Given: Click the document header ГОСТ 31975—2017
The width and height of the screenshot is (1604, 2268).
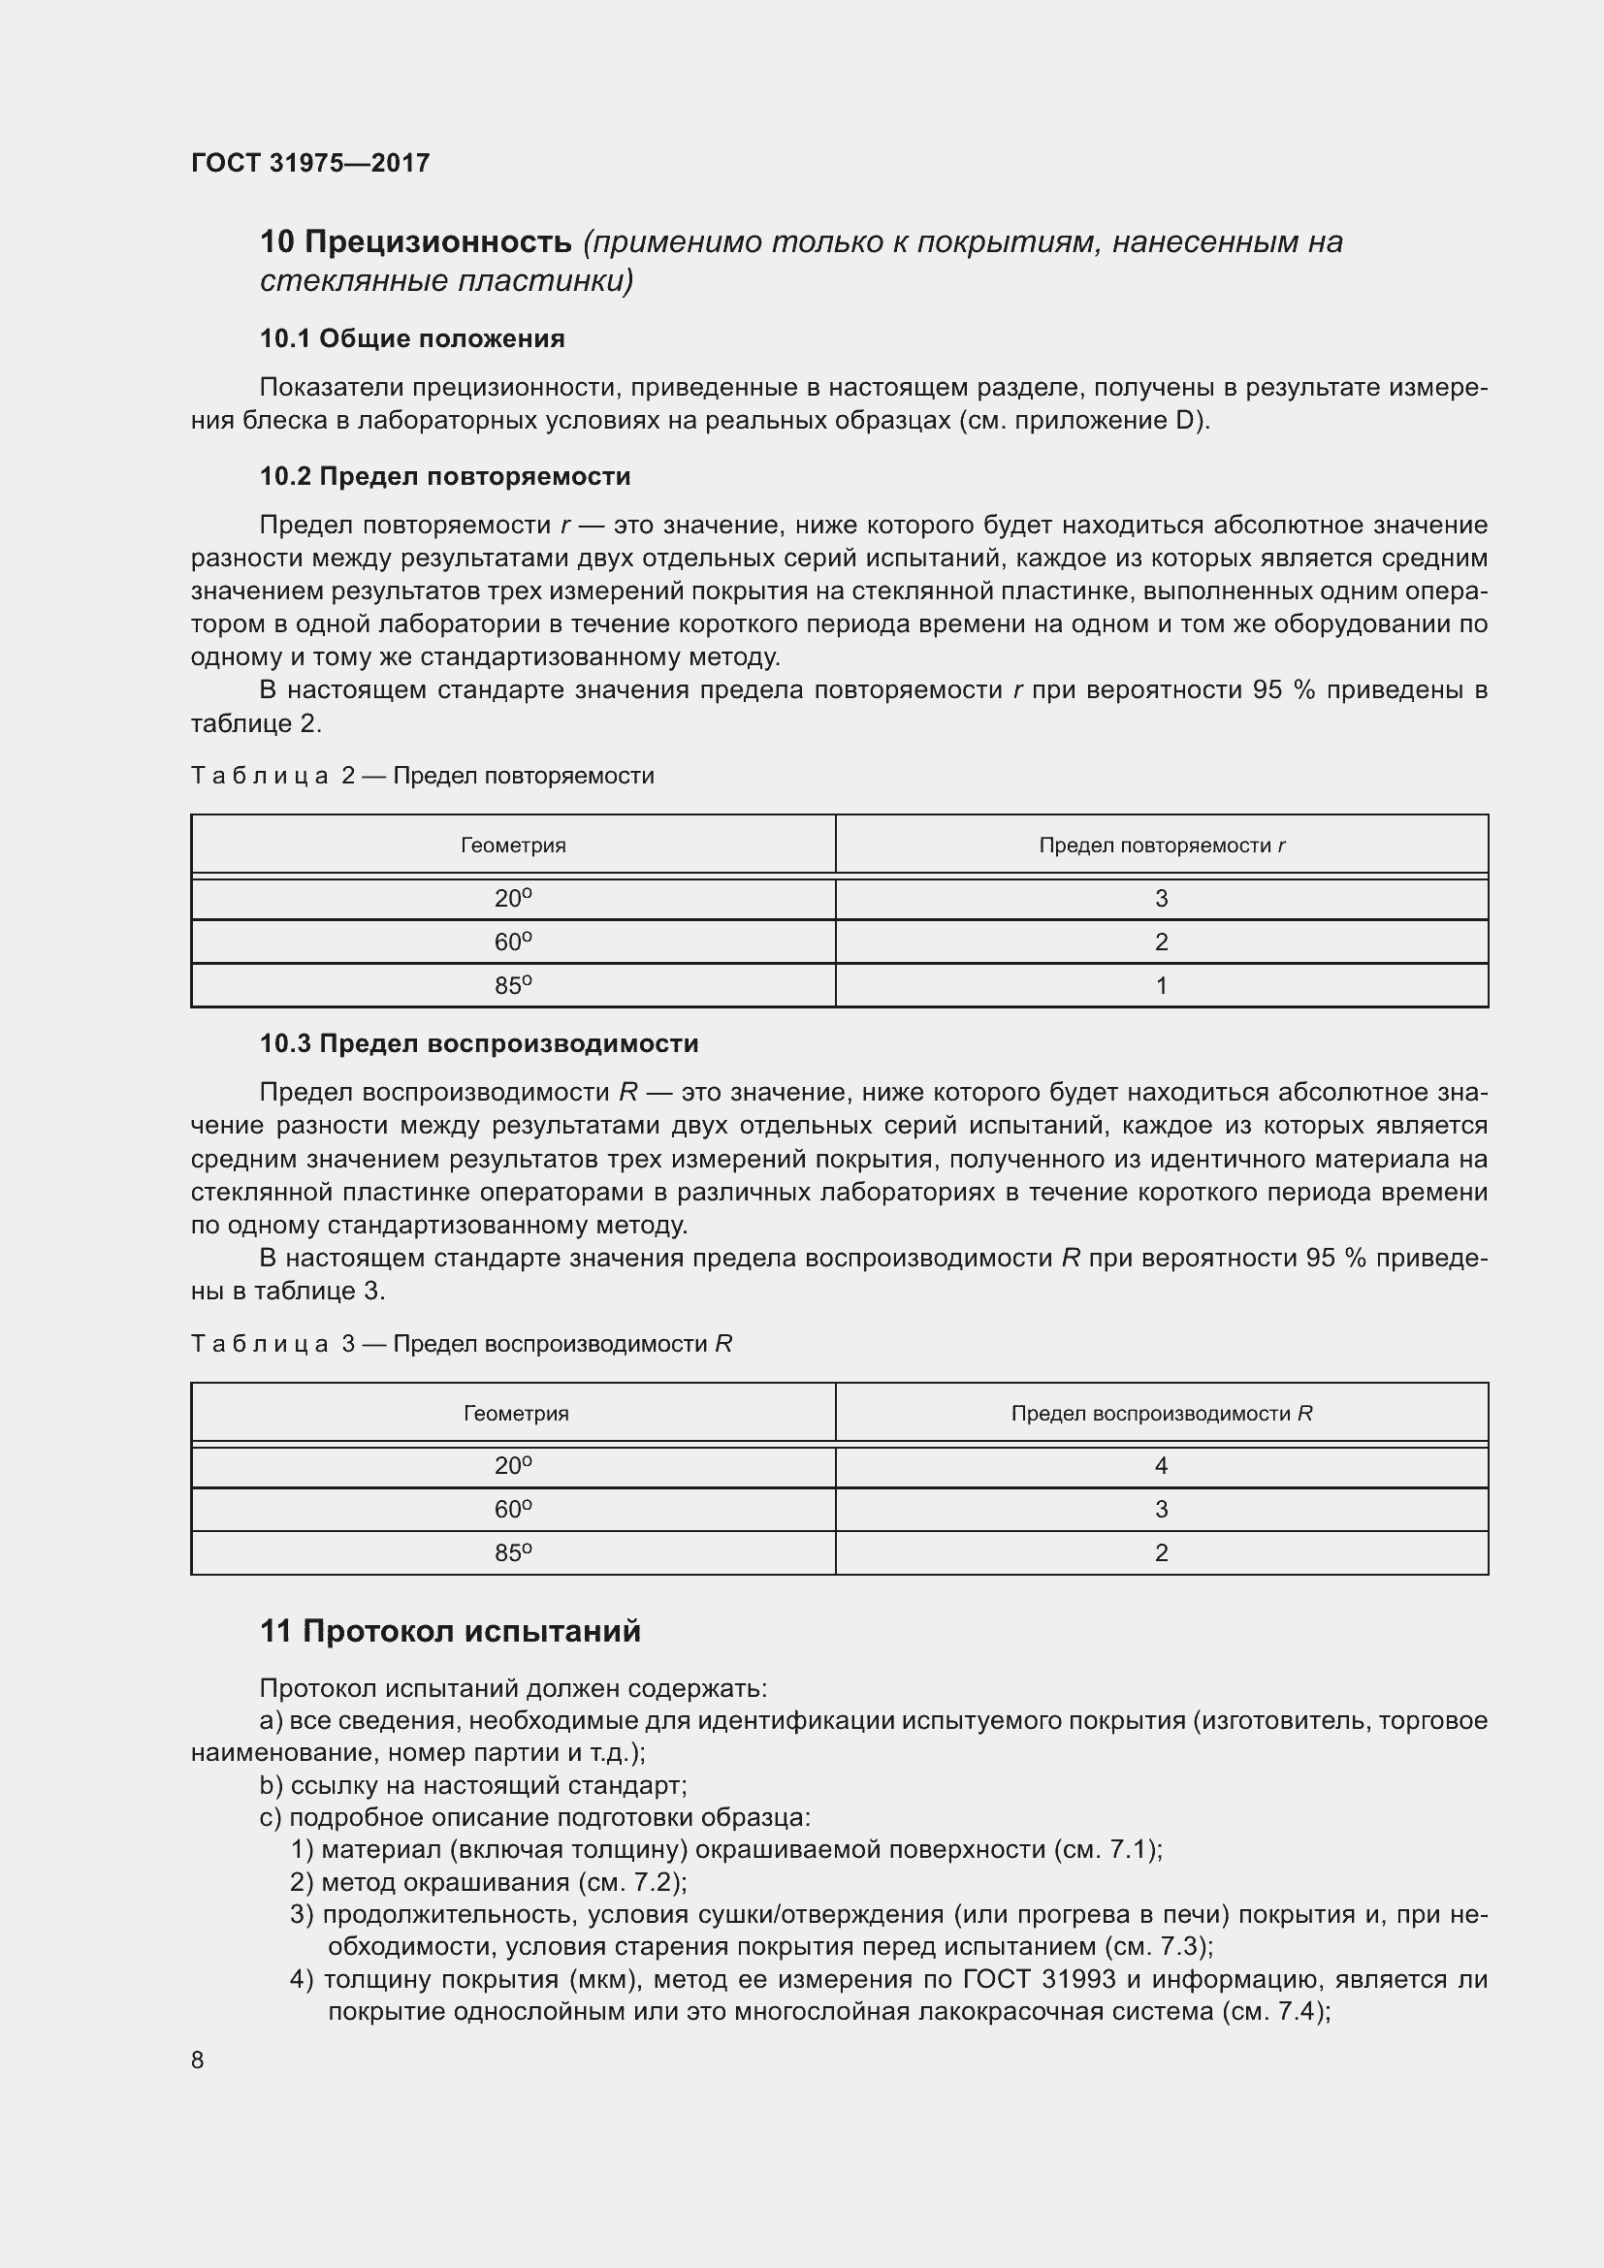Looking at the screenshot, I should (310, 163).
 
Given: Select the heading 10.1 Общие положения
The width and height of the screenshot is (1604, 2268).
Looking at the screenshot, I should (412, 338).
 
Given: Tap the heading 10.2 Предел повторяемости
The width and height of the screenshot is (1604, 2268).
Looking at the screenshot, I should (444, 476).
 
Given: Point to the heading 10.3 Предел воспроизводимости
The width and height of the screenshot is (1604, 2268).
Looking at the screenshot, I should (478, 1043).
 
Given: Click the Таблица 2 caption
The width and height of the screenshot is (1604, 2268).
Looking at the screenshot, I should (422, 776).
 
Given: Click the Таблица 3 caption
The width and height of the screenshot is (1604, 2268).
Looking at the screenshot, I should (461, 1343).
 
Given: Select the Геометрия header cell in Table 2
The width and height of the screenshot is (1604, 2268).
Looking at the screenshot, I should (513, 846).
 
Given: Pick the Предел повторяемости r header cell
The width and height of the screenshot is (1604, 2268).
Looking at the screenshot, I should (1162, 846).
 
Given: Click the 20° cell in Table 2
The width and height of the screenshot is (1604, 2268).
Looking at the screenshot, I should (513, 898).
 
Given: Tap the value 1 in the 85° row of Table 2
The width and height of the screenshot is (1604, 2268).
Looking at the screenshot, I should (1162, 985).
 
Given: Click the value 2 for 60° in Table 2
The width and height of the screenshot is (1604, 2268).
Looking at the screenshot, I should (1162, 942).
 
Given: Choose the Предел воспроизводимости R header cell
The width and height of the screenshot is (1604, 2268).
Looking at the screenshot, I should (1162, 1414).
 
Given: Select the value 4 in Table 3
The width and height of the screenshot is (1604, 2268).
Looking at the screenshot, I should (1162, 1466).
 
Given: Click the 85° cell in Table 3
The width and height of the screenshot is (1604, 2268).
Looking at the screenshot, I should (513, 1552).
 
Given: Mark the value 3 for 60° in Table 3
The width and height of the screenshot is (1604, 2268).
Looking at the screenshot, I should (1162, 1510).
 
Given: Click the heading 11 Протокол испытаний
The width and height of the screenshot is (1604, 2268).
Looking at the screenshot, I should (450, 1631).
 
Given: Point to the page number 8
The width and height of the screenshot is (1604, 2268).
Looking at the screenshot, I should (198, 2060).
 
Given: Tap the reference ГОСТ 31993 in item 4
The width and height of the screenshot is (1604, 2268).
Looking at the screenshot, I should (1039, 1979).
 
